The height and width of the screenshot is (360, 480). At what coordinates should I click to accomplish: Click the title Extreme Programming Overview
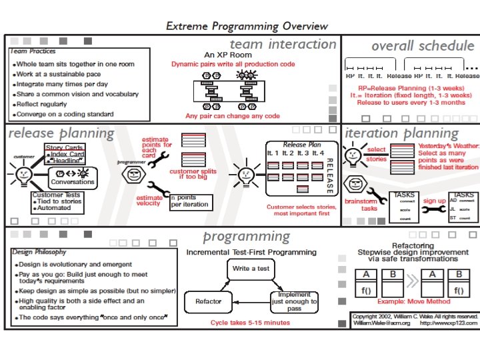(x=247, y=26)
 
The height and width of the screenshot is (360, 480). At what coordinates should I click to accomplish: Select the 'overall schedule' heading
(x=423, y=46)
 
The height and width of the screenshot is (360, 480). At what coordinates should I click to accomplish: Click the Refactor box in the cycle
(x=208, y=301)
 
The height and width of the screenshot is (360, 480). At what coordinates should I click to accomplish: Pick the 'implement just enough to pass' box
(x=294, y=301)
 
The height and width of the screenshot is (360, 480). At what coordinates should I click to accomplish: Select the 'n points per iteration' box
(x=189, y=201)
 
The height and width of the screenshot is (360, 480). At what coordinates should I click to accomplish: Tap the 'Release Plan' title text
(x=295, y=144)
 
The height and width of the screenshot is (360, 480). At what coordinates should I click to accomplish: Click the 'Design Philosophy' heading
(x=38, y=252)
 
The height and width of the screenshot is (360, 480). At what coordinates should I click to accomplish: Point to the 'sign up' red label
(x=434, y=200)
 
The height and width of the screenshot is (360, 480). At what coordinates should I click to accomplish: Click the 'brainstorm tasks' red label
(x=361, y=205)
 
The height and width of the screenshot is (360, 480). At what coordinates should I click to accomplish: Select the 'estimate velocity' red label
(x=149, y=201)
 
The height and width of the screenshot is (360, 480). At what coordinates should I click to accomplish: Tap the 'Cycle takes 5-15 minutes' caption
(x=250, y=323)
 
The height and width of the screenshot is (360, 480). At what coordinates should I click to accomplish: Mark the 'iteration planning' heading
(x=401, y=133)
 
